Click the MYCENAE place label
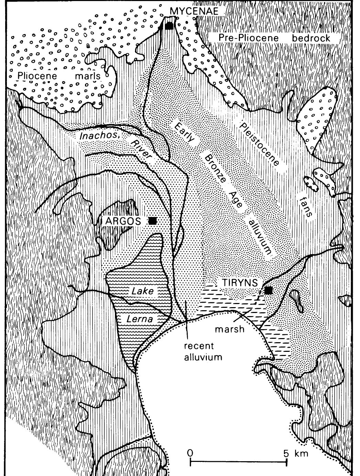click(194, 11)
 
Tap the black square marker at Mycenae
click(169, 26)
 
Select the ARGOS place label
click(124, 221)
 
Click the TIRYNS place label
click(240, 283)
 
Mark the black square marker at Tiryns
click(268, 291)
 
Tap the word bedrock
click(311, 37)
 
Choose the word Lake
click(143, 291)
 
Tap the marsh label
click(230, 329)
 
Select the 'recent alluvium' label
click(203, 351)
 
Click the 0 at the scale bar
click(190, 452)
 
